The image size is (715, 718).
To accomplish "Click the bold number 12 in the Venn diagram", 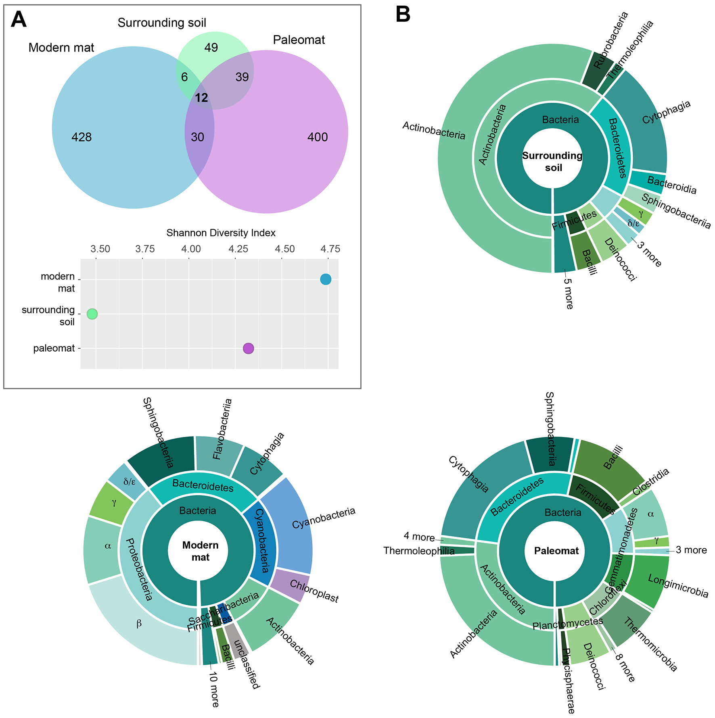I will tap(201, 98).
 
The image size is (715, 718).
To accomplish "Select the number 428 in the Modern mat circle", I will tap(82, 137).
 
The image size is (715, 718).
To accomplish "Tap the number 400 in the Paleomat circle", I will tap(318, 137).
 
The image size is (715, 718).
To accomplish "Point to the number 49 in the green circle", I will tap(211, 48).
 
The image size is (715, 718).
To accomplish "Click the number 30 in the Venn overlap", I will tap(197, 137).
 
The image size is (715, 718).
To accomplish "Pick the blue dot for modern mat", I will tap(326, 279).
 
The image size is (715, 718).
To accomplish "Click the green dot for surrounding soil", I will tap(92, 314).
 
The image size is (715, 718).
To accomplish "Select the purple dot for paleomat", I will tap(249, 348).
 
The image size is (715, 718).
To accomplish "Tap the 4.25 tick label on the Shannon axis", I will tap(238, 249).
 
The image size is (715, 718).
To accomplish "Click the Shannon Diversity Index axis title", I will tap(221, 233).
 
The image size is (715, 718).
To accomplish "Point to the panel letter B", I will tap(403, 15).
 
